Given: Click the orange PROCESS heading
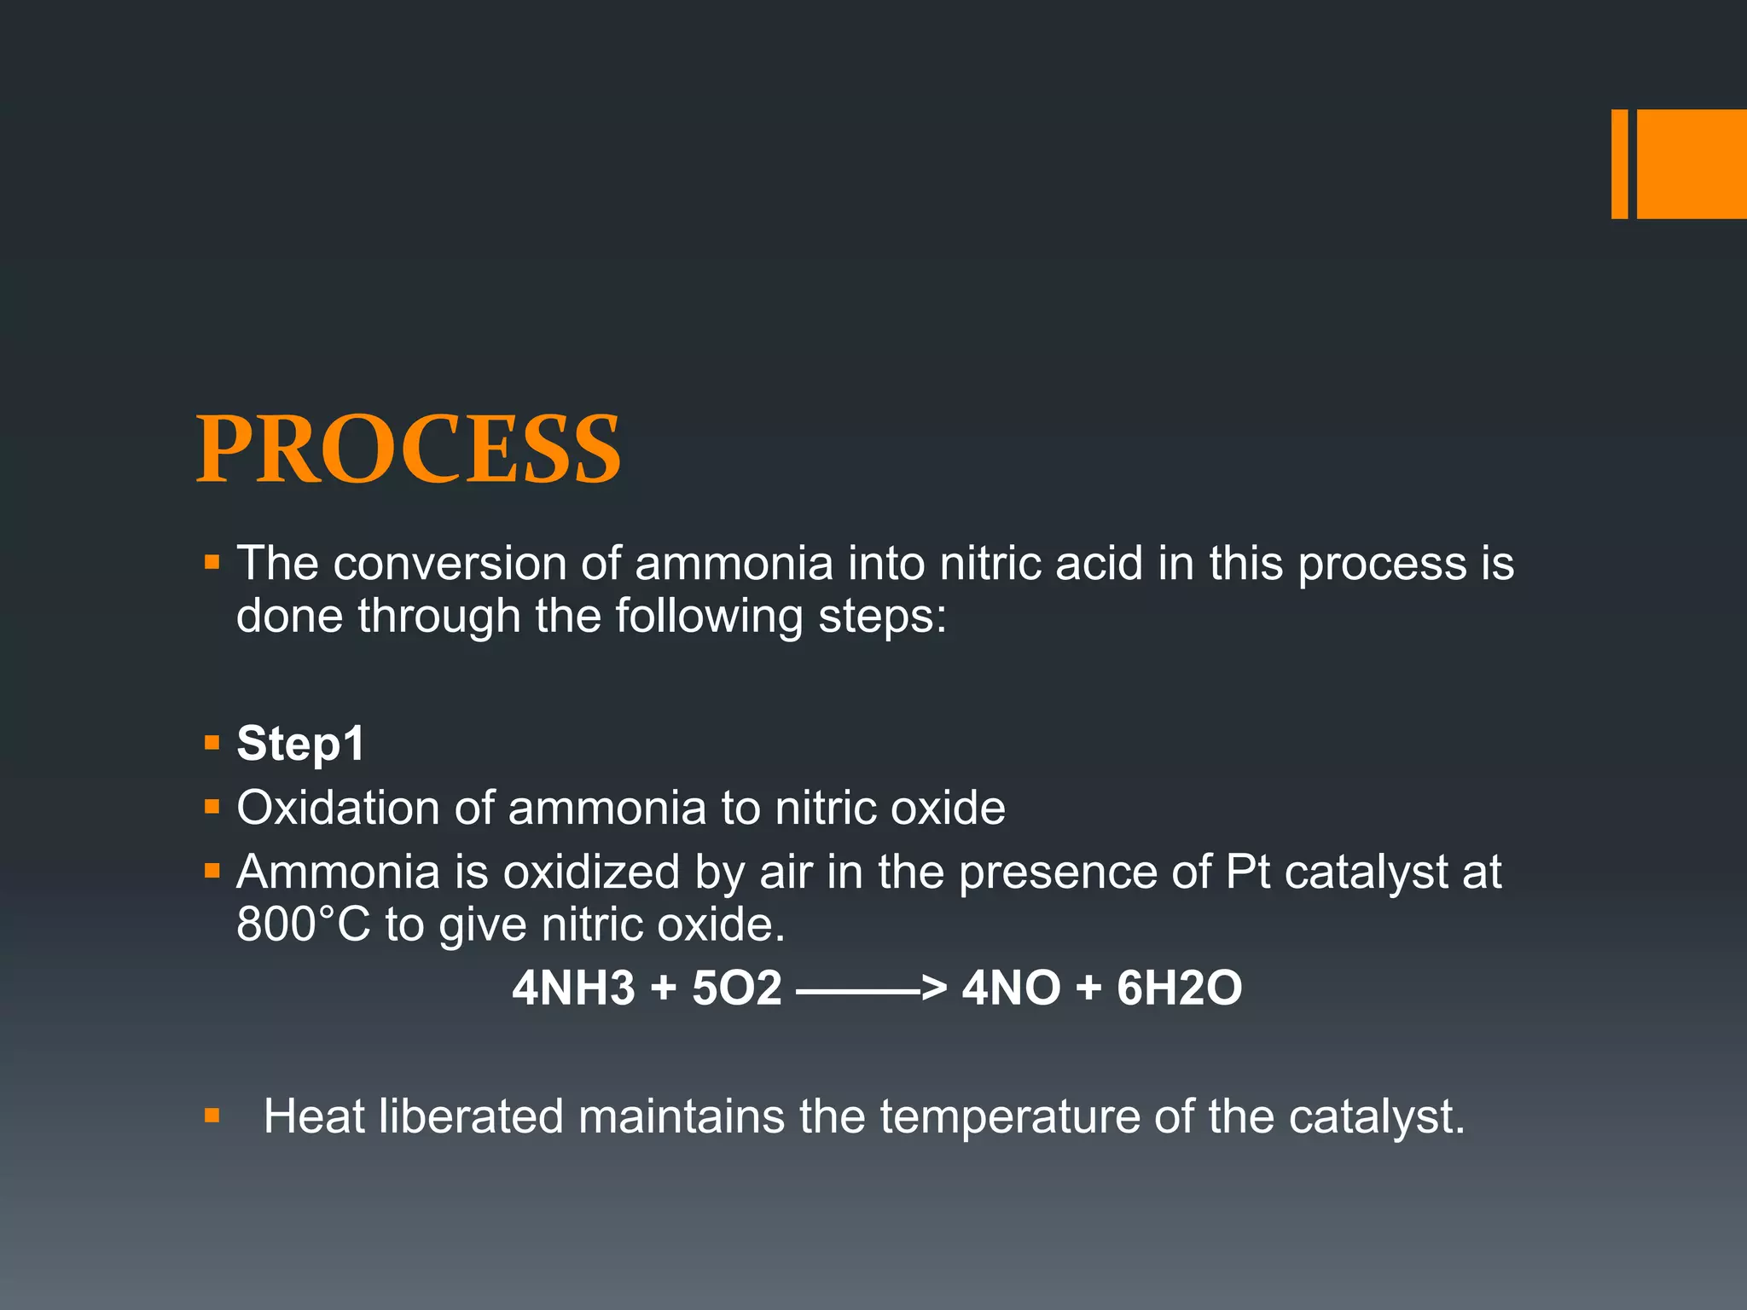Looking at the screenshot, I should click(409, 449).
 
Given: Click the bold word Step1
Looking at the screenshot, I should click(300, 743).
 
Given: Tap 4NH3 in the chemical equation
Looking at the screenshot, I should click(573, 988).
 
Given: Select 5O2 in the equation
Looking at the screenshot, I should click(736, 988).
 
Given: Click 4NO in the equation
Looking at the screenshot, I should click(1011, 988).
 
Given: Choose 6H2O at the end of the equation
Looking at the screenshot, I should click(1179, 988).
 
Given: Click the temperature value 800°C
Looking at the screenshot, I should click(304, 925).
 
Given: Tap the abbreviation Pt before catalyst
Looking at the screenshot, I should click(1247, 872).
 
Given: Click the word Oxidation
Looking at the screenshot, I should click(338, 808).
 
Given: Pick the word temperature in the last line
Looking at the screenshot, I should click(1010, 1118).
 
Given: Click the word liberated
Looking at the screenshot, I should click(471, 1116).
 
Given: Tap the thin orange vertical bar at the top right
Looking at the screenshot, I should click(1619, 164).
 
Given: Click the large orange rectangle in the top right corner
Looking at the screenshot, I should click(1692, 164).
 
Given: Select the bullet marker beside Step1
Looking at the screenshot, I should click(212, 743).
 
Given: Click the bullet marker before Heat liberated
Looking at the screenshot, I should click(212, 1116).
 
